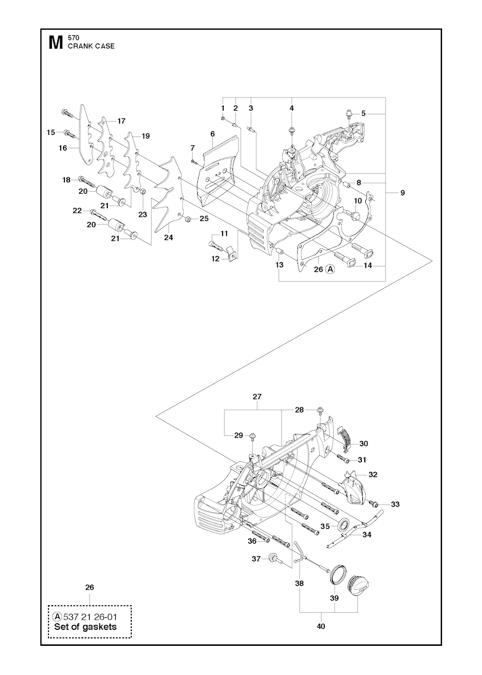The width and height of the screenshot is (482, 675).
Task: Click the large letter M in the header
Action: [56, 43]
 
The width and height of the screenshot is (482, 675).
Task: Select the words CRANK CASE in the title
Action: [91, 46]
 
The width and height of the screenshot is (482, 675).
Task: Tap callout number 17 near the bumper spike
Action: [121, 121]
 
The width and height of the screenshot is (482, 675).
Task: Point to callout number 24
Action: [168, 238]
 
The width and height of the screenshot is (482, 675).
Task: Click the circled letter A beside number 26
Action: [331, 269]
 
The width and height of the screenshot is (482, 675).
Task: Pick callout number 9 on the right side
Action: [402, 193]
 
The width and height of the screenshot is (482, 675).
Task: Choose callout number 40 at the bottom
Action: [321, 626]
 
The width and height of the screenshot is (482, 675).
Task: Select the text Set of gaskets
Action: [85, 627]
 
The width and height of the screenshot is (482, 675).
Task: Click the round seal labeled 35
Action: [344, 524]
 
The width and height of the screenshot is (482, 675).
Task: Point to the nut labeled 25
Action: [187, 218]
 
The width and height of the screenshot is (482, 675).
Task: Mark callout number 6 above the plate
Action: [212, 134]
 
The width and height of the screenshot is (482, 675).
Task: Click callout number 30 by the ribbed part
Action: [363, 443]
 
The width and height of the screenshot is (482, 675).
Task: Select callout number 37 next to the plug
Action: [256, 559]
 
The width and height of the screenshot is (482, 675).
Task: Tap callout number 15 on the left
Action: [51, 132]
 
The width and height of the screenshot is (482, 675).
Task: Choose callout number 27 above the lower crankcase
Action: [257, 397]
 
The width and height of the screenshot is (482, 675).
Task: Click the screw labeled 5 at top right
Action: [349, 113]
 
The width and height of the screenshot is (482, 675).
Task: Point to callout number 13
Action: [280, 265]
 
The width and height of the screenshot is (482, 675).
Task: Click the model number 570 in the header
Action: [73, 38]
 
